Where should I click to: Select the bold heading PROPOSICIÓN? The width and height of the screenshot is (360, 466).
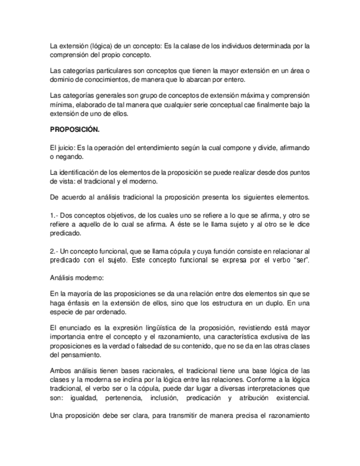coord(74,130)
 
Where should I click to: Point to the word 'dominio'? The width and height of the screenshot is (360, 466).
coord(61,80)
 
